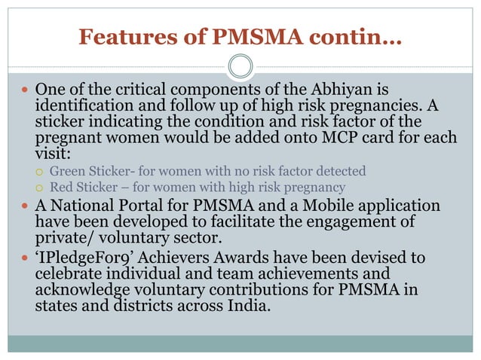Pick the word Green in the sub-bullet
[67, 171]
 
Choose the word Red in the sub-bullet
[62, 187]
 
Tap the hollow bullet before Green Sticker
[40, 172]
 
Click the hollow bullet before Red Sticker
[40, 187]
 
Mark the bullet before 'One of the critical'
[25, 90]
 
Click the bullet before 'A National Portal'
[25, 206]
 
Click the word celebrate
[72, 274]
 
